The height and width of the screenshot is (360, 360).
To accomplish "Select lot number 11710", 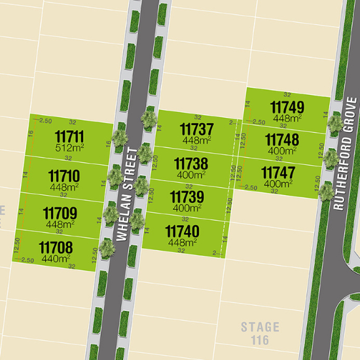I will (64, 175).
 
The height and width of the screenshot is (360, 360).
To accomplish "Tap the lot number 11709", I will (60, 213).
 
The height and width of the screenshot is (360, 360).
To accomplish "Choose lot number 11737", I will (197, 130).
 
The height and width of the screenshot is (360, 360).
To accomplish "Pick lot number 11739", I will (187, 197).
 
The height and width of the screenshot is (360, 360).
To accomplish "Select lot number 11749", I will (287, 107).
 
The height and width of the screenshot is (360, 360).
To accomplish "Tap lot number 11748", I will (282, 140).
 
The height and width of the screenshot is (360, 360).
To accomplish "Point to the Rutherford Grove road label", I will (345, 154).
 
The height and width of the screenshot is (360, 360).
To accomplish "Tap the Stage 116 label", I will (260, 333).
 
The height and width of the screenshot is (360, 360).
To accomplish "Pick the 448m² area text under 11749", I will (287, 118).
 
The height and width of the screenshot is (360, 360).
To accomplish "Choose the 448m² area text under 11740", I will (181, 242).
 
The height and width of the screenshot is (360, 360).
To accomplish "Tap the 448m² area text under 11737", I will (196, 141).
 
